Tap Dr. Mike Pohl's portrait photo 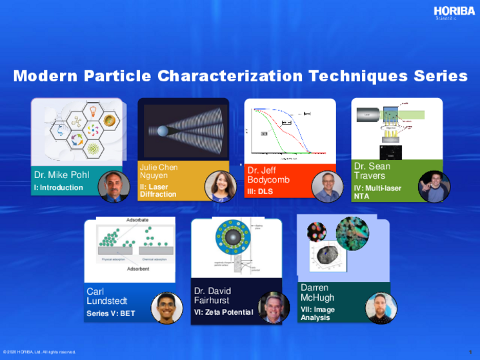coord(114,186)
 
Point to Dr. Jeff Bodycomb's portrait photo coord(326,187)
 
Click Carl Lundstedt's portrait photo coord(166,308)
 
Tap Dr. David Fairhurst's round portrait coord(274,308)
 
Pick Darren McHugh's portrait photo coord(381,308)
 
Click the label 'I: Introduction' coord(59,188)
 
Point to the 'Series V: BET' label coord(112,314)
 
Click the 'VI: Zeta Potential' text coord(223,312)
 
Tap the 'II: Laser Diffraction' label coord(158,190)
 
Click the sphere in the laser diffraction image coord(164,131)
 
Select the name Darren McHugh coord(317,292)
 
